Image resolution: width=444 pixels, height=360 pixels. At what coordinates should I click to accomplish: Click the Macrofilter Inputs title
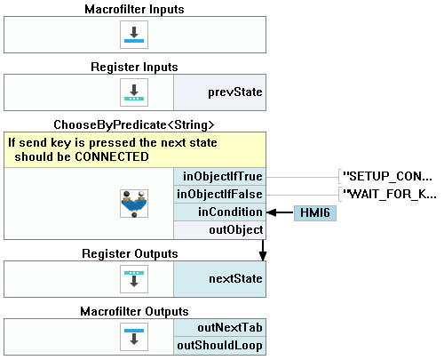click(x=134, y=9)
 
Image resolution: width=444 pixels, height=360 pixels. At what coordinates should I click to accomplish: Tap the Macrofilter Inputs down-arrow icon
click(x=134, y=35)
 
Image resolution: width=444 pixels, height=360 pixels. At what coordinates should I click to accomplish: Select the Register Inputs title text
click(x=134, y=67)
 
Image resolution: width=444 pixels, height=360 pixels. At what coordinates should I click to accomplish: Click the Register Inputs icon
click(x=134, y=92)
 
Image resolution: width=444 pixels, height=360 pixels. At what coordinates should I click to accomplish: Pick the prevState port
click(x=220, y=92)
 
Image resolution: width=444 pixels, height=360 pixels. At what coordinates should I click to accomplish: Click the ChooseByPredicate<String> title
click(x=134, y=124)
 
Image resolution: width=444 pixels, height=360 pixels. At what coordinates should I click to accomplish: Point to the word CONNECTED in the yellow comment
click(x=112, y=156)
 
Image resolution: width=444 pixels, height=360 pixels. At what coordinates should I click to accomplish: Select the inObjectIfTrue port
click(x=220, y=177)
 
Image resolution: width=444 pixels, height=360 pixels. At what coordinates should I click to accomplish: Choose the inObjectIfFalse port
click(x=220, y=195)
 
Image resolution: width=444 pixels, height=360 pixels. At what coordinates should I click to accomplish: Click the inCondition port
click(x=220, y=212)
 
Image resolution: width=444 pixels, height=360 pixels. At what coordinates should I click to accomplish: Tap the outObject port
click(x=220, y=230)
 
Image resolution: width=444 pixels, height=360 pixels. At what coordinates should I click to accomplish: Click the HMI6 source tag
click(x=315, y=213)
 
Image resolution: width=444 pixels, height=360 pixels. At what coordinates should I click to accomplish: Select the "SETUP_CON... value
click(x=387, y=177)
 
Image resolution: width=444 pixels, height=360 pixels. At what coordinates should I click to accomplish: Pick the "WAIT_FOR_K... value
click(x=389, y=195)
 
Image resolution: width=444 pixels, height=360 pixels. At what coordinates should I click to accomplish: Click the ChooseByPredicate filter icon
click(x=134, y=204)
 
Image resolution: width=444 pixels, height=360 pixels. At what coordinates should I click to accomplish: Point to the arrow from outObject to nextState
click(x=263, y=250)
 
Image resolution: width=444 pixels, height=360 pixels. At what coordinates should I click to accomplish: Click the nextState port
click(x=220, y=279)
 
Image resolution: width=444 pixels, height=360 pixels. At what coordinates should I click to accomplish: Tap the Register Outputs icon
click(x=134, y=279)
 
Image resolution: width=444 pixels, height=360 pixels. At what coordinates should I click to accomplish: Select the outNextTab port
click(x=220, y=328)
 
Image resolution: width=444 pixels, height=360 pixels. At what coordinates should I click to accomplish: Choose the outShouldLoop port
click(x=220, y=346)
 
